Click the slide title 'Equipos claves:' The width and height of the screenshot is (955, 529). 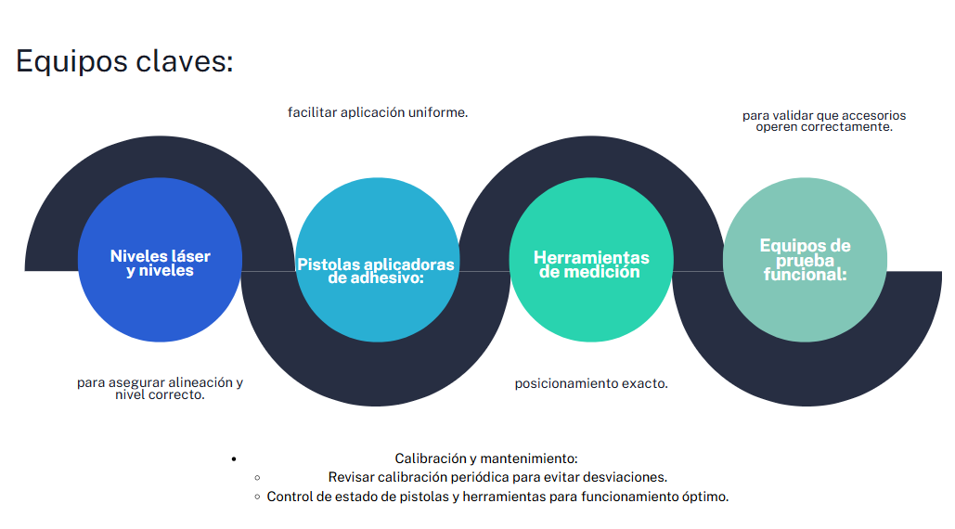click(x=124, y=61)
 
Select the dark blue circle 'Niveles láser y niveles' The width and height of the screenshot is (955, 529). click(x=161, y=259)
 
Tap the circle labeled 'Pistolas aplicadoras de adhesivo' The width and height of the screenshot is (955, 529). click(x=377, y=259)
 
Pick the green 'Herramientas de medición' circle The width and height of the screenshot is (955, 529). click(x=591, y=259)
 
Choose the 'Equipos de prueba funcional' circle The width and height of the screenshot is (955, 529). click(x=805, y=259)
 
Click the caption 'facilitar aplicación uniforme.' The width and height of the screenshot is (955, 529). click(x=378, y=112)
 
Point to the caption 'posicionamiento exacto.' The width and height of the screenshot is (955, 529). click(x=591, y=383)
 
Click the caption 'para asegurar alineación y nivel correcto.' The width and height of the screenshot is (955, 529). click(x=160, y=388)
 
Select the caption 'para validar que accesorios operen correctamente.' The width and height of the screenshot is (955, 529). click(x=824, y=121)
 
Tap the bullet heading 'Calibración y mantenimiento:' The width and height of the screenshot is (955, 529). click(x=486, y=458)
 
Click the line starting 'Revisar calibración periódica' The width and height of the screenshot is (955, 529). click(x=497, y=477)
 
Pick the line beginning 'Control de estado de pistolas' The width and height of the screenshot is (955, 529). click(x=497, y=497)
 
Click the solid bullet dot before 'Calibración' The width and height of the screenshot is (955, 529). click(x=234, y=459)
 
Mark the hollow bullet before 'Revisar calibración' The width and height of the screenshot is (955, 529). click(x=258, y=478)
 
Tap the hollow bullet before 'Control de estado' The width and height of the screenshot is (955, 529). click(x=258, y=497)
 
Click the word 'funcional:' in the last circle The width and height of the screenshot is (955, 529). click(x=806, y=275)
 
